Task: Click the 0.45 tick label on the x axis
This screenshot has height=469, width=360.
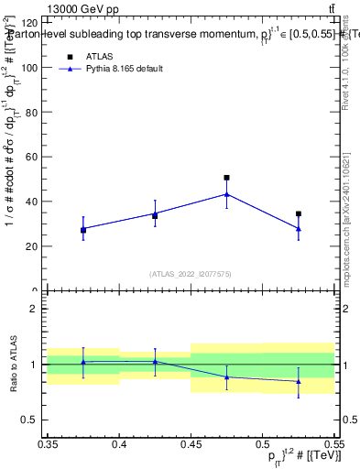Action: click(191, 444)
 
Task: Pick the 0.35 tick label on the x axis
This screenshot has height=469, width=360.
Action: click(48, 444)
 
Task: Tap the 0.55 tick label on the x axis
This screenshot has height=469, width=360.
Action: click(333, 444)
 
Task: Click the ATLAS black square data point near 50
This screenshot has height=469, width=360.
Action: click(227, 178)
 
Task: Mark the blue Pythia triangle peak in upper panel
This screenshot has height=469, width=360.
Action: click(227, 194)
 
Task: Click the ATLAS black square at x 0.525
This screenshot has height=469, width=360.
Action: click(299, 213)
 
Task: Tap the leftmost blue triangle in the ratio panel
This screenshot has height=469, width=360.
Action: click(83, 362)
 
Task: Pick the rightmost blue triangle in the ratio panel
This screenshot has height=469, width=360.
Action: click(299, 381)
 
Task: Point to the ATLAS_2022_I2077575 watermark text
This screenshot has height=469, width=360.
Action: click(191, 274)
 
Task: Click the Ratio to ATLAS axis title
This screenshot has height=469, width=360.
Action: click(13, 365)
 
